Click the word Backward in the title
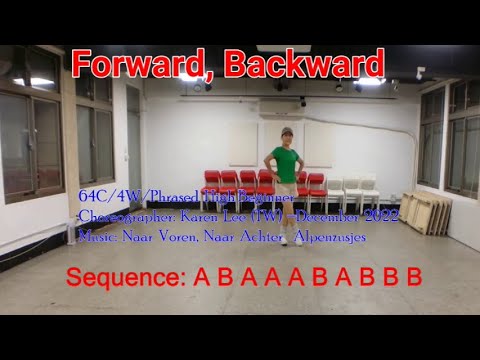click(304, 65)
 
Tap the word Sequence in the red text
click(125, 276)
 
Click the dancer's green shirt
click(286, 163)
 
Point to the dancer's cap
click(286, 131)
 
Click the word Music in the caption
click(96, 238)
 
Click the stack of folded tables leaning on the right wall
click(424, 211)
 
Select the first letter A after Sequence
click(199, 276)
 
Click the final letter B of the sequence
click(414, 276)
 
